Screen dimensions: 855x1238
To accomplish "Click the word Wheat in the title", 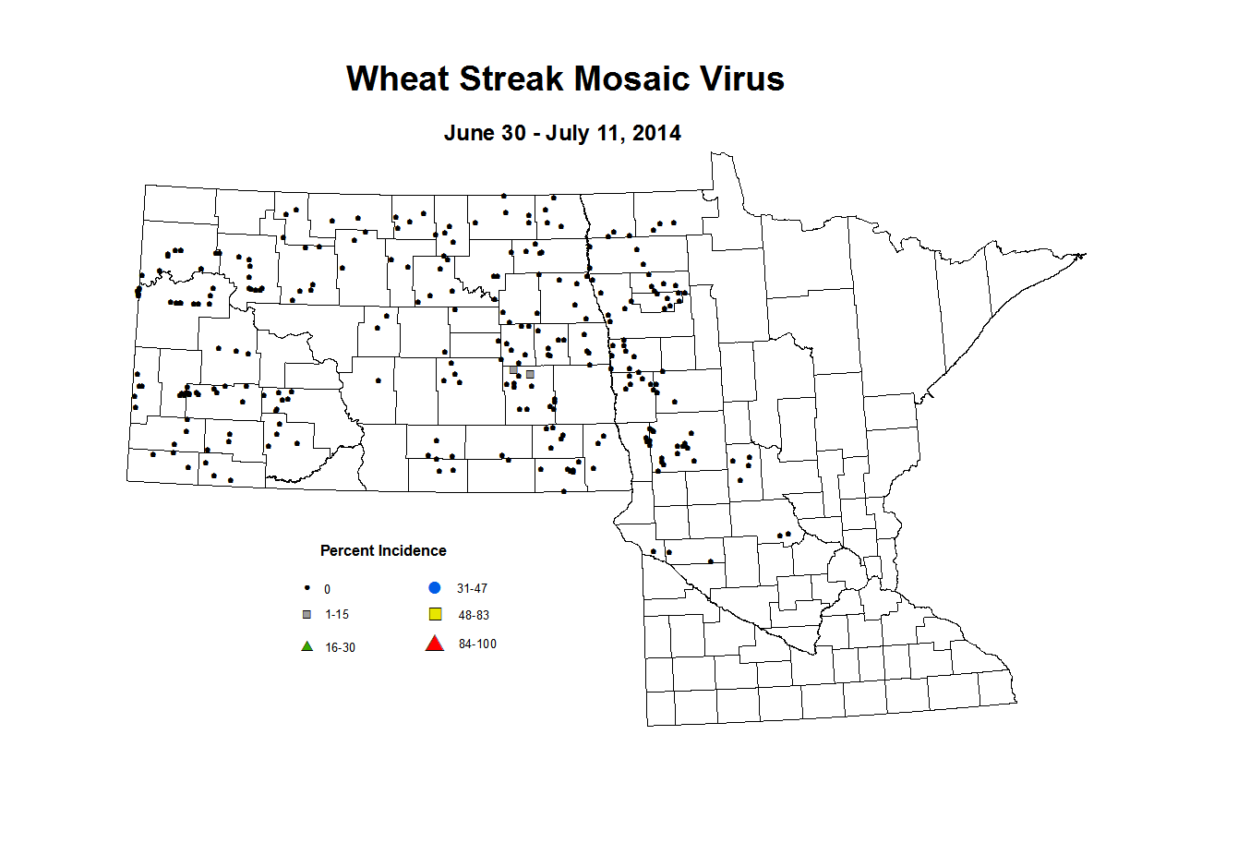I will tap(398, 78).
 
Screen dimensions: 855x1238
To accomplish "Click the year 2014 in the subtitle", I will tap(656, 133).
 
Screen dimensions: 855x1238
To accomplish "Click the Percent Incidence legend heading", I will tap(383, 550).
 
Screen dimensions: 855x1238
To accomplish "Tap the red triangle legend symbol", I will tap(435, 644).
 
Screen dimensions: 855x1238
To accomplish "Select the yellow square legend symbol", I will tap(436, 614).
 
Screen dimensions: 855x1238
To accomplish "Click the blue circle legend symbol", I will tap(435, 587).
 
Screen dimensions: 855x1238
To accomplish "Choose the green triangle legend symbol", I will tap(307, 646).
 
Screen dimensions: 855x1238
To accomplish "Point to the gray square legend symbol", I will tap(307, 614).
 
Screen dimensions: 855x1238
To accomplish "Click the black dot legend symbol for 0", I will tap(307, 588).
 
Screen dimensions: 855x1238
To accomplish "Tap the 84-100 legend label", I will tap(477, 644).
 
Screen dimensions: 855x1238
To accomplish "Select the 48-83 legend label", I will tap(474, 615).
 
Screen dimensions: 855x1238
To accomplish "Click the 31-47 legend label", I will tap(472, 588).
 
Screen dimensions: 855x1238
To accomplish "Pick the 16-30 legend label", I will tap(340, 647).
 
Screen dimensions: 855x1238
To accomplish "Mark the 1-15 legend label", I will tap(337, 614).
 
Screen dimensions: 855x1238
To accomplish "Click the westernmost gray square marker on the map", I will tap(513, 369).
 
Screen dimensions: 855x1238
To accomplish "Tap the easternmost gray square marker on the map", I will tap(530, 374).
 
